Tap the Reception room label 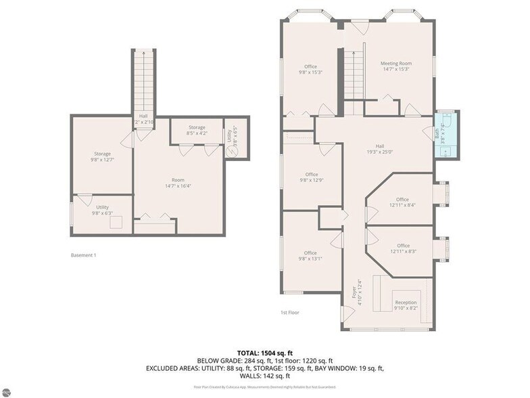406,305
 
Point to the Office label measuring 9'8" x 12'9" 311,177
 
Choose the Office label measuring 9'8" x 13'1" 310,256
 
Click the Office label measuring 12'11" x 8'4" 402,202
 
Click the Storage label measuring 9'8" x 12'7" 101,157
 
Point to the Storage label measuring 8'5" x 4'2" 197,130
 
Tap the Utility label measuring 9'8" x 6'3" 101,210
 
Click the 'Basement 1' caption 84,255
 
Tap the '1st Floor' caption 289,313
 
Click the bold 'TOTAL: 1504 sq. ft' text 264,353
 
